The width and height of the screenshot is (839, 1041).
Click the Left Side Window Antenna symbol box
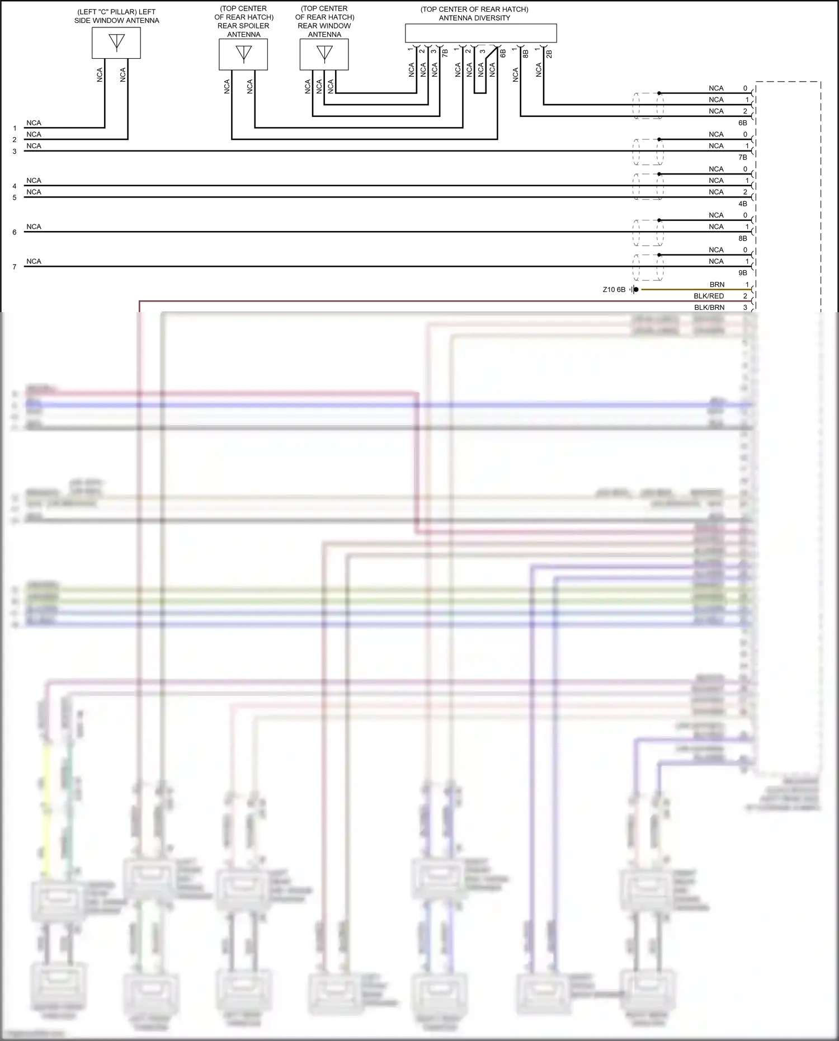pos(116,43)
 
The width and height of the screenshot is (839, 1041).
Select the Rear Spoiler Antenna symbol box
pos(243,54)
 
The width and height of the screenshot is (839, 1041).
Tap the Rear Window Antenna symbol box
pos(324,54)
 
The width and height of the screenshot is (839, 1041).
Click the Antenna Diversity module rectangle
pos(480,33)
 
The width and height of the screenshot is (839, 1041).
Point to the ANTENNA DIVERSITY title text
pos(474,18)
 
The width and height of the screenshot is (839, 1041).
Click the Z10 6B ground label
pos(614,290)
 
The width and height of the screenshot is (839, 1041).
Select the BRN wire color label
pos(717,285)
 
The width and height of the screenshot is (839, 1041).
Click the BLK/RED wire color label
pos(709,296)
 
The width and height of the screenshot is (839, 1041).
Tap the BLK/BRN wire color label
pos(709,308)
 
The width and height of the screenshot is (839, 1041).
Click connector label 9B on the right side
pos(742,273)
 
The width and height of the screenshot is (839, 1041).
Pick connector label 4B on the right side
pos(742,204)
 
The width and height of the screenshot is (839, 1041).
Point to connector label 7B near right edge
pos(742,157)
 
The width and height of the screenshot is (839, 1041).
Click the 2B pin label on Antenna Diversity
pos(549,54)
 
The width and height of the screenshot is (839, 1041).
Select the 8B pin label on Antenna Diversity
pos(526,54)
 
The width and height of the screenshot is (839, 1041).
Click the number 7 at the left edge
pos(15,267)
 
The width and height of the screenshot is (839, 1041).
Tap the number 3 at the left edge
pos(15,151)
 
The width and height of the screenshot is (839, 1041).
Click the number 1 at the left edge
pos(15,128)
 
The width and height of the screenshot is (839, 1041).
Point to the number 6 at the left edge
pos(15,232)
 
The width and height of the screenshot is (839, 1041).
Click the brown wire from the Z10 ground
pos(694,290)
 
